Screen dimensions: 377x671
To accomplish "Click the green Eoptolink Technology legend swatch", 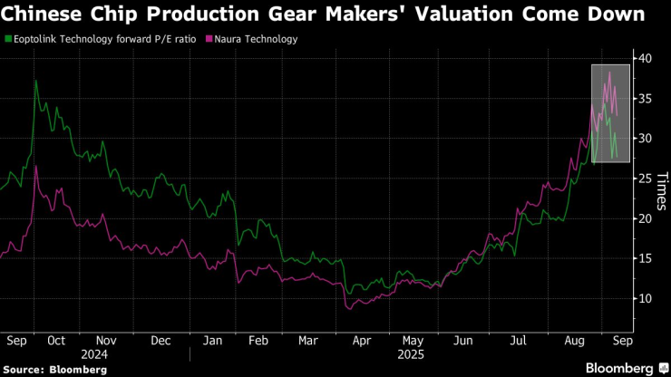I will point(8,40).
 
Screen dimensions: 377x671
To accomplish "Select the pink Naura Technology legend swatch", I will point(209,40).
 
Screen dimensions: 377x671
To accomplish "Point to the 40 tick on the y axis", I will point(645,58).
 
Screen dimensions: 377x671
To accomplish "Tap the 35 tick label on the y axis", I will point(645,98).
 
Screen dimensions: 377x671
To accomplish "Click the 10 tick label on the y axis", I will point(645,299).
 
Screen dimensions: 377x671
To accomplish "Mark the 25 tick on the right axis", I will point(645,179).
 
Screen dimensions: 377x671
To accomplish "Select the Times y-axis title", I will point(662,189).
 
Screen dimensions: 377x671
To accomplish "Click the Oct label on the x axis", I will point(56,342).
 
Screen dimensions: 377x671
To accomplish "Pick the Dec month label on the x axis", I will point(161,342).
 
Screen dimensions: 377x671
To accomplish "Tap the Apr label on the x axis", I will point(362,342).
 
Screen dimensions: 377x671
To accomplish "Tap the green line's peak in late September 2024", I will point(35,82).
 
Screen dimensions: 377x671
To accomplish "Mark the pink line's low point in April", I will point(348,309).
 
